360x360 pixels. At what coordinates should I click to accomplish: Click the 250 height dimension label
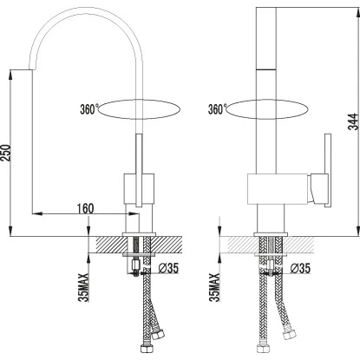[6, 153]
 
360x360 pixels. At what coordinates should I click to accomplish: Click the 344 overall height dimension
[353, 121]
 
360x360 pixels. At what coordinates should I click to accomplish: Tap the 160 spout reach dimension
[85, 208]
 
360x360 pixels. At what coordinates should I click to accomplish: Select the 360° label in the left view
[89, 109]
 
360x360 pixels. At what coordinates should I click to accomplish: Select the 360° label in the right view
[217, 109]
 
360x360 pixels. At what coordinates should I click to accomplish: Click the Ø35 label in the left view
[168, 268]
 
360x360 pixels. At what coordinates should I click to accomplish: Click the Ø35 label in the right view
[300, 268]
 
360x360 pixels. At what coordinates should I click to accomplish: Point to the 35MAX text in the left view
[84, 287]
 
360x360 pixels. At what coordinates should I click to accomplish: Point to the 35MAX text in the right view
[215, 287]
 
